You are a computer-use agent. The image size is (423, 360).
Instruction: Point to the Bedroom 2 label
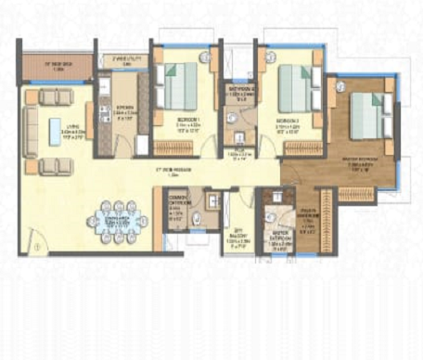(x=289, y=119)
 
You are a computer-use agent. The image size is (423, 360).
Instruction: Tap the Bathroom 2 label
(x=237, y=92)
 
